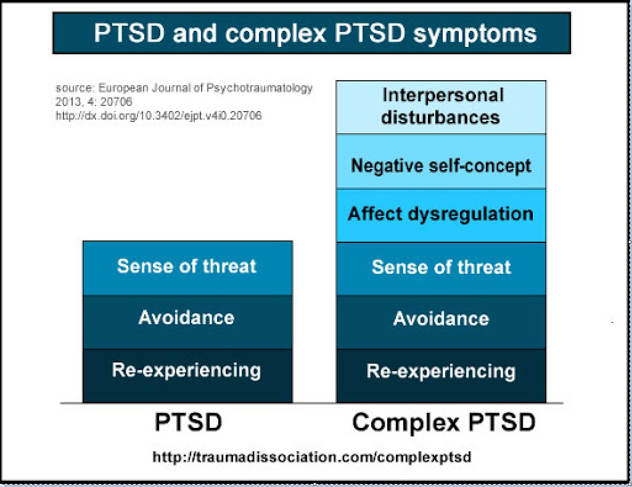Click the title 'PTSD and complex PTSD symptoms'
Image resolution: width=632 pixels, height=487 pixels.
315,33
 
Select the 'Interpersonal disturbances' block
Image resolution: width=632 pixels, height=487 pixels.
441,107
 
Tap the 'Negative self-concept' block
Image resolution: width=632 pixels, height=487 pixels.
441,162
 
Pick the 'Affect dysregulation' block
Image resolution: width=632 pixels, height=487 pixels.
441,216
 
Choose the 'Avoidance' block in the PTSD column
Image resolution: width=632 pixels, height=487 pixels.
187,322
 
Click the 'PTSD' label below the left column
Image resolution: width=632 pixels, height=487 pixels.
188,422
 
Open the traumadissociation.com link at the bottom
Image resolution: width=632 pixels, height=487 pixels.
311,457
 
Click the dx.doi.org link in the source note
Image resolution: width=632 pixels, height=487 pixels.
158,116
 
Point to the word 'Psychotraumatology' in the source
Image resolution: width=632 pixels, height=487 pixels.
259,88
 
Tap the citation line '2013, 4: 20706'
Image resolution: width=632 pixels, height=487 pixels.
94,102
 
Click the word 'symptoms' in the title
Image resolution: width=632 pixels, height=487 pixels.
475,35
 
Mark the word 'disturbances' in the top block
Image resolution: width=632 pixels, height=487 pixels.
440,118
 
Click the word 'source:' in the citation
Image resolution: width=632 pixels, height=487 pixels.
75,88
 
